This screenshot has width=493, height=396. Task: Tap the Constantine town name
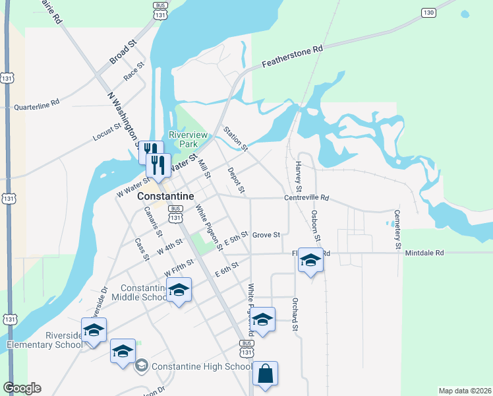[165, 197]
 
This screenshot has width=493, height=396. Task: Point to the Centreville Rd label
[306, 198]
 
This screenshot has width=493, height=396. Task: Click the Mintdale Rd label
[425, 253]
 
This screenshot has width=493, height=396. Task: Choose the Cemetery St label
[397, 229]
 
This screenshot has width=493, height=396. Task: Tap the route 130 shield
[429, 13]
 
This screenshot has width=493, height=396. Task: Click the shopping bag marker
[264, 374]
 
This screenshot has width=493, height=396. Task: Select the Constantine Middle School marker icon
[178, 290]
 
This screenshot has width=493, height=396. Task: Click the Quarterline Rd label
[37, 104]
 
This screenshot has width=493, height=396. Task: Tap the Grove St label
[266, 234]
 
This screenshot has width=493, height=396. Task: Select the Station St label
[235, 139]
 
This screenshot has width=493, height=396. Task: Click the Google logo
[22, 388]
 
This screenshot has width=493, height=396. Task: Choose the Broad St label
[123, 51]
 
